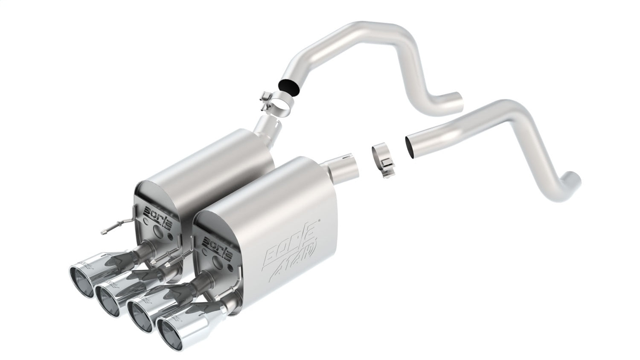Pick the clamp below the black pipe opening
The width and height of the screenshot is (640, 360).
click(272, 103)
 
